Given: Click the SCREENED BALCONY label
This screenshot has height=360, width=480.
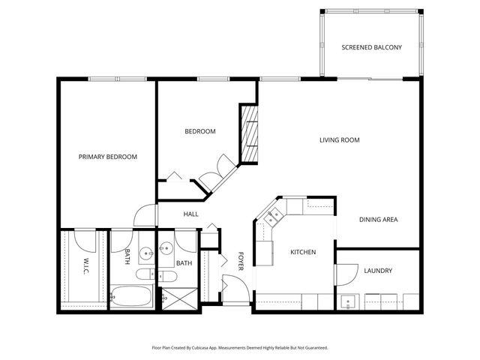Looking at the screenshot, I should pos(371,47).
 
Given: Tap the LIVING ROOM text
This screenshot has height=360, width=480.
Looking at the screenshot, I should pos(339,139).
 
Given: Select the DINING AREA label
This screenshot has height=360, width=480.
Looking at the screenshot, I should pos(378,220).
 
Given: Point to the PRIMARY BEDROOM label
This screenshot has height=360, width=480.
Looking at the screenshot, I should pos(108,157).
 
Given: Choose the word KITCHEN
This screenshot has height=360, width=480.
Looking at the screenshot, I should pos(303,252).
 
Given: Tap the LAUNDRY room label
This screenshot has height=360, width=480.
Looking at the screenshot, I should pos(378,271).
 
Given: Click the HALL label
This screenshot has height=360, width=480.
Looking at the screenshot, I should pos(190,214).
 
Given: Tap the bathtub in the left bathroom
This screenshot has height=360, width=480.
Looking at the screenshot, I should pos(133,297).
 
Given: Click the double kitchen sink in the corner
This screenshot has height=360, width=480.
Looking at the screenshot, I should pos(271,217).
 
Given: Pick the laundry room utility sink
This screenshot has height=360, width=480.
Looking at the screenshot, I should pos(347,303).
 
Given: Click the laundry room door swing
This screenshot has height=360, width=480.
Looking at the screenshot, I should pos(345,274).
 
